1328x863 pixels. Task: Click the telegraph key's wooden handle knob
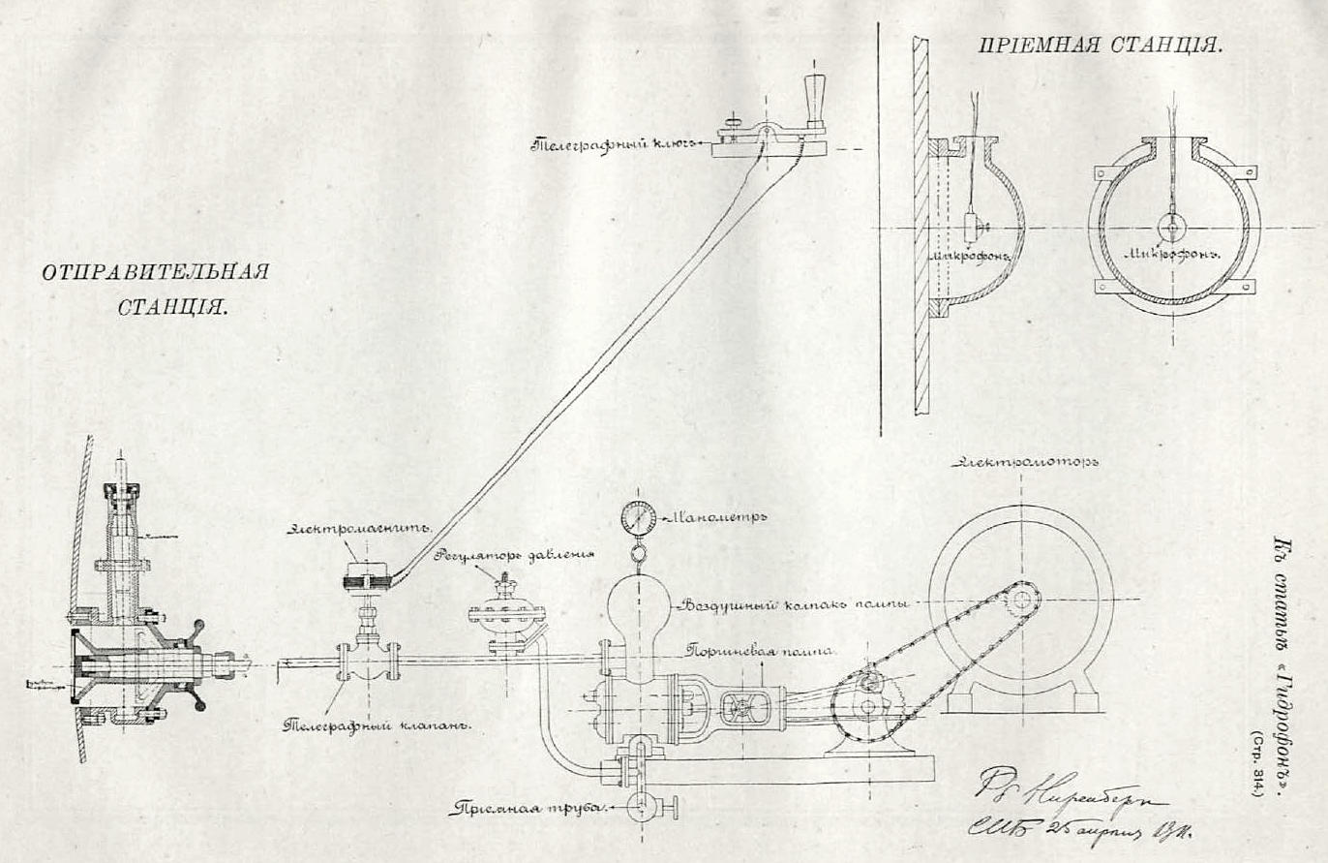click(812, 97)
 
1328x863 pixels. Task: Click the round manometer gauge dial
click(638, 518)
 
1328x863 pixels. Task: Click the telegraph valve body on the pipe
click(366, 662)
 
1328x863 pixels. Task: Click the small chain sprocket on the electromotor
click(1019, 601)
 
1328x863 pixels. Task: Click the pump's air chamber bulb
click(637, 610)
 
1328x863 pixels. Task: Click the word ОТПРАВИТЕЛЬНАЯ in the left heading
click(156, 271)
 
